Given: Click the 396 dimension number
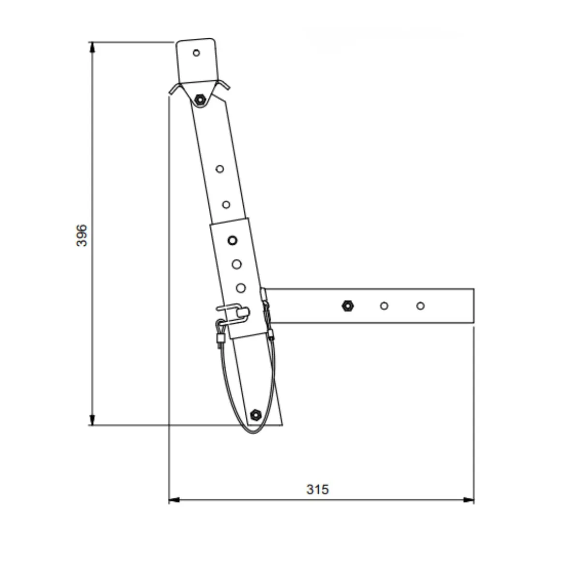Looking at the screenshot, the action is [82, 236].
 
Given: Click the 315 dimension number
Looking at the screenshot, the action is [318, 490].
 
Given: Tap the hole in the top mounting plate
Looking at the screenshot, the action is [196, 53].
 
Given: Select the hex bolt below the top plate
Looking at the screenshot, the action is [200, 99].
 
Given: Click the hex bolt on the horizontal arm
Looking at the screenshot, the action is [347, 306].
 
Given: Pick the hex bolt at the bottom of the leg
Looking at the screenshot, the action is [255, 415].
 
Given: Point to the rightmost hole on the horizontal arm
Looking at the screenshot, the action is [420, 306].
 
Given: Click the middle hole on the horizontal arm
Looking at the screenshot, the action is [384, 306].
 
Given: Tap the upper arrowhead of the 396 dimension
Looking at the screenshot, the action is [92, 47].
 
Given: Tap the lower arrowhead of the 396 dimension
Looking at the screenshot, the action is [92, 420].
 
